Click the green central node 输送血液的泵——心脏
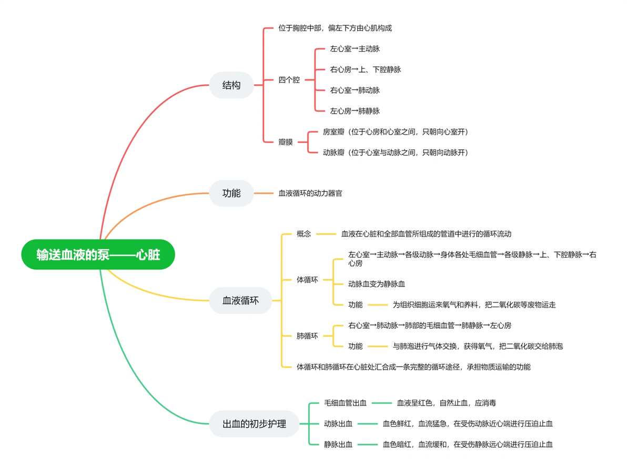(98, 255)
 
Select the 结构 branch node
(231, 85)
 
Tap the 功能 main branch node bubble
(231, 193)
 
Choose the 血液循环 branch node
(240, 300)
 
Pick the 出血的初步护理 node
(254, 424)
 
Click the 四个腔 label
(289, 80)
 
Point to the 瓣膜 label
(286, 142)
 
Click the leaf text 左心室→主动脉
(355, 49)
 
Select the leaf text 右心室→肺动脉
(355, 90)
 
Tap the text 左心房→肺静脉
(355, 111)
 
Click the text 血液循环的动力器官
(310, 194)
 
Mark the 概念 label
(304, 234)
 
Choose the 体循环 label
(307, 280)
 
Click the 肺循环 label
(307, 336)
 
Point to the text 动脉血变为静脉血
(376, 284)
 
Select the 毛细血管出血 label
(345, 403)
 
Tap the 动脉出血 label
(338, 424)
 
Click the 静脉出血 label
(338, 444)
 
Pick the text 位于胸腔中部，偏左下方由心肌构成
(335, 28)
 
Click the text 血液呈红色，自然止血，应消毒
(446, 403)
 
